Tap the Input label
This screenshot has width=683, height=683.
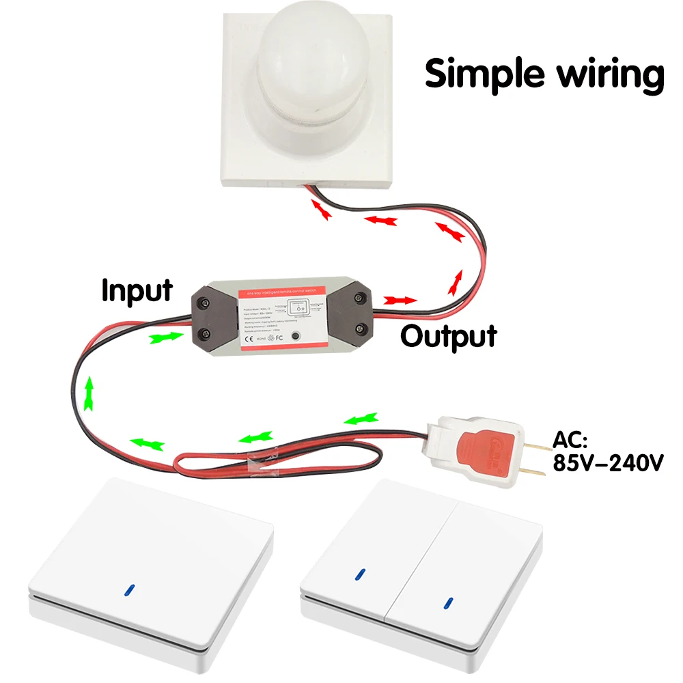tap(137, 290)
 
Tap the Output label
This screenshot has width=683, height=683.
tap(448, 336)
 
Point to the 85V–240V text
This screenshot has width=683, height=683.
tap(608, 464)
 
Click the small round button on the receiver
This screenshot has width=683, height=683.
tap(295, 337)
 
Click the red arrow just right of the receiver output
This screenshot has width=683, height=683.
tap(400, 300)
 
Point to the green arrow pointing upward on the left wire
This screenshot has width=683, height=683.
tap(88, 395)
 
